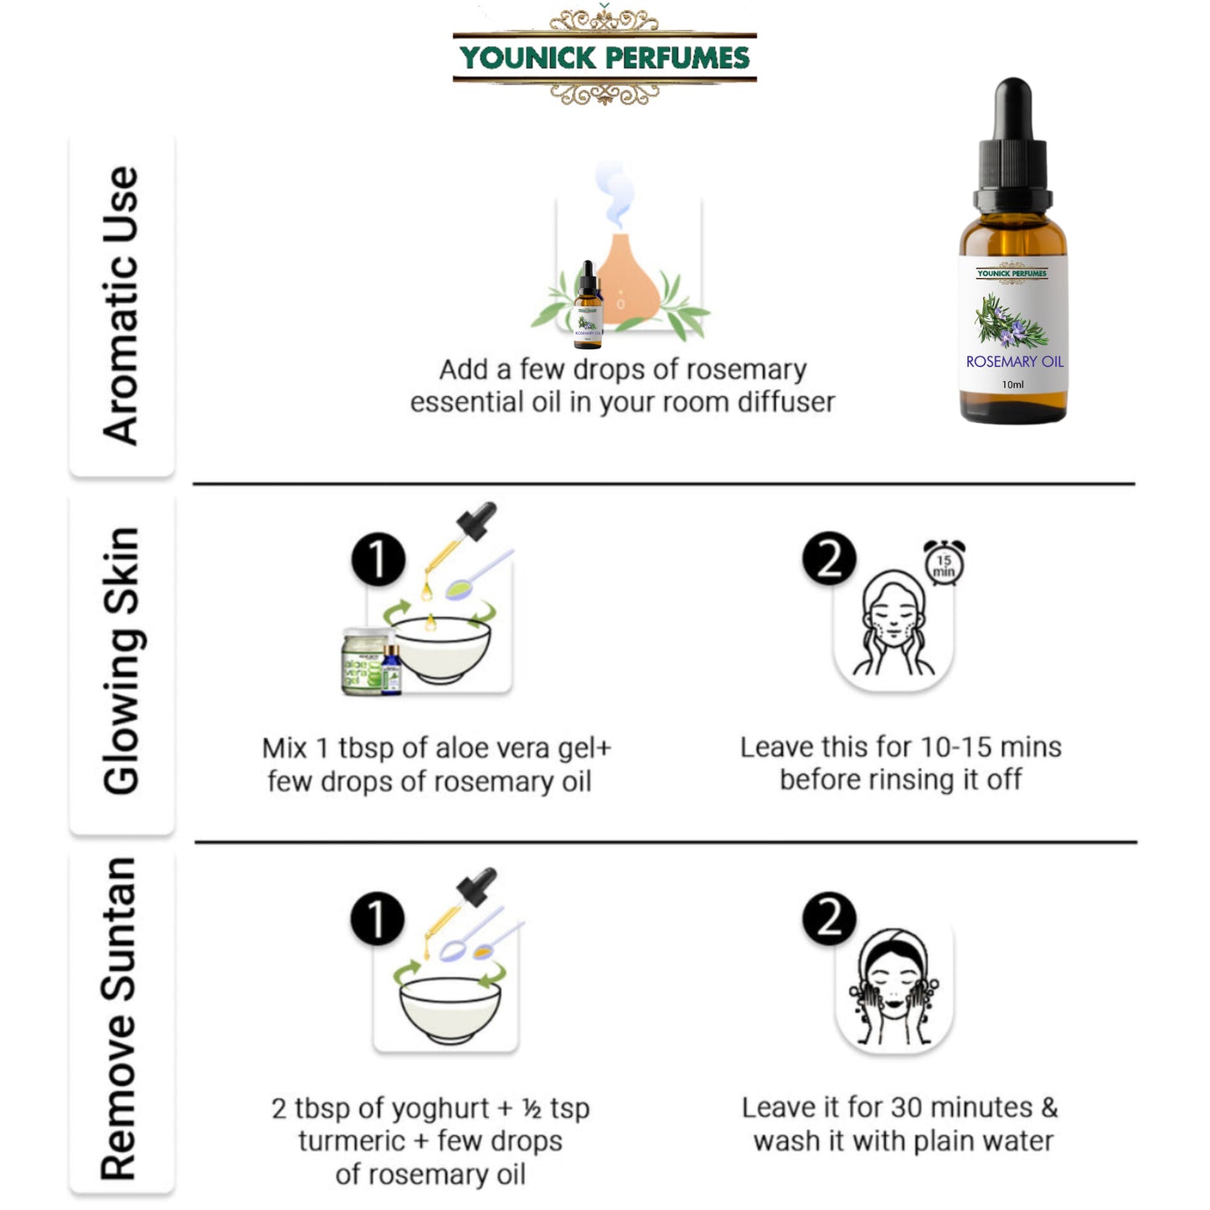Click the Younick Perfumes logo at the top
point(605,57)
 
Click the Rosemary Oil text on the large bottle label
point(1014,362)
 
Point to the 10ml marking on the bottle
point(1012,385)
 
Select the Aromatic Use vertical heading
point(121,306)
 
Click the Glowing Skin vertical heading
point(121,662)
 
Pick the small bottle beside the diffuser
point(588,308)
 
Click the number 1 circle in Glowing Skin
point(378,559)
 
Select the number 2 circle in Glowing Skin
point(829,559)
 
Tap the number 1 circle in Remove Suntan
point(378,919)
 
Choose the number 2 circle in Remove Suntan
point(829,919)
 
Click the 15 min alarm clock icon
point(944,564)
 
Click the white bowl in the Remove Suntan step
point(450,1009)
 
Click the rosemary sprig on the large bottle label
point(1010,323)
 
